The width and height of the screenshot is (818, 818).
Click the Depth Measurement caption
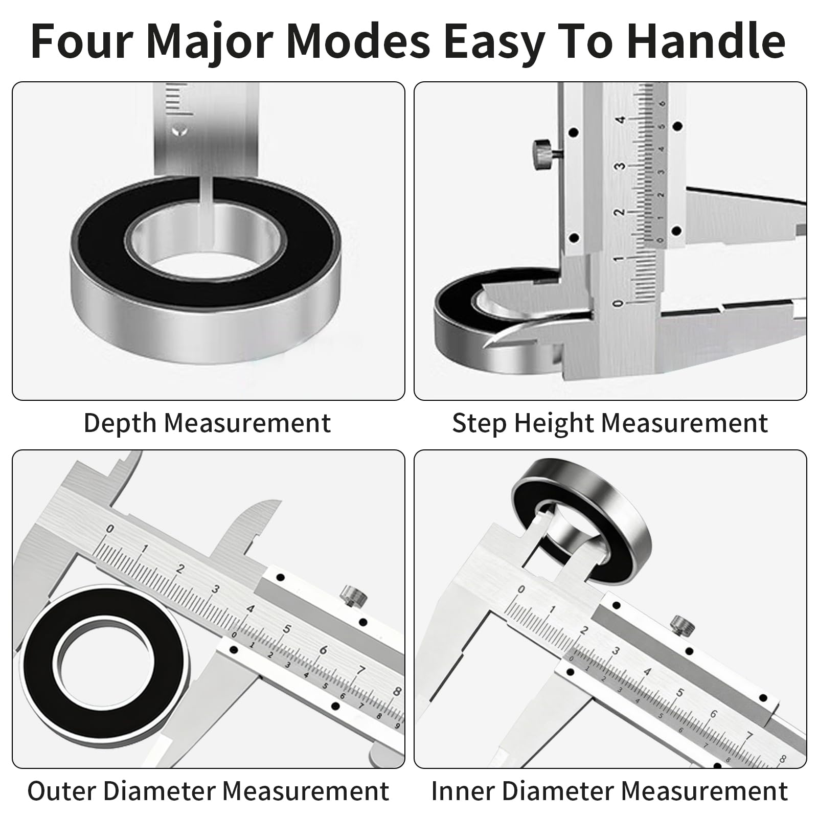(207, 423)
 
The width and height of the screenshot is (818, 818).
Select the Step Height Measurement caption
(610, 423)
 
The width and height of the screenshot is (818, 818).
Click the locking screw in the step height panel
(543, 155)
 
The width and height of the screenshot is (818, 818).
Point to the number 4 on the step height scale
(620, 120)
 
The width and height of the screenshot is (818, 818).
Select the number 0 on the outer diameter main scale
(109, 529)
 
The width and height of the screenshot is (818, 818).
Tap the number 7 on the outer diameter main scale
(361, 670)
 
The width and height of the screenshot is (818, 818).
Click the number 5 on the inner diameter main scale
(679, 693)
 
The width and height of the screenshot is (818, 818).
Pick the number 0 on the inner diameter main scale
(521, 589)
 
